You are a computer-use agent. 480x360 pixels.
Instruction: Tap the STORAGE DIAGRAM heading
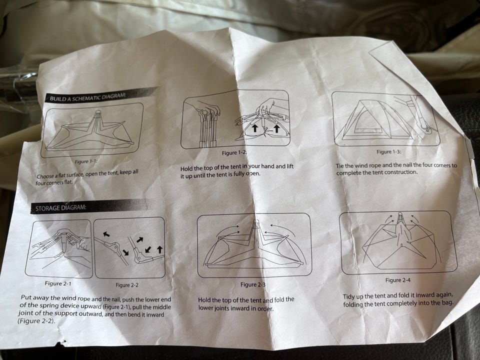[x=60, y=208]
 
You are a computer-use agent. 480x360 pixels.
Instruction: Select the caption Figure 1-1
[x=86, y=161]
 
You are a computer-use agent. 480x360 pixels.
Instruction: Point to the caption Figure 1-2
[x=234, y=153]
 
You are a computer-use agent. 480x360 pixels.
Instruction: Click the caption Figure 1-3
[x=388, y=152]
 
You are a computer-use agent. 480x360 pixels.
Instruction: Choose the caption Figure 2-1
[x=58, y=283]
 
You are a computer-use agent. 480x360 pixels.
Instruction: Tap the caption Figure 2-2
[x=126, y=285]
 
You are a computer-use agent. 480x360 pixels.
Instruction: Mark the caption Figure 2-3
[x=253, y=284]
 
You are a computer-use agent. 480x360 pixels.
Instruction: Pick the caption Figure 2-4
[x=398, y=280]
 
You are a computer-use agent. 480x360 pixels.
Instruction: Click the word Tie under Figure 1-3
[x=340, y=166]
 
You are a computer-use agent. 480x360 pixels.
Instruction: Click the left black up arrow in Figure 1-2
[x=254, y=128]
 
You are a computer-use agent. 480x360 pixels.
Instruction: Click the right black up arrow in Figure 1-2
[x=276, y=128]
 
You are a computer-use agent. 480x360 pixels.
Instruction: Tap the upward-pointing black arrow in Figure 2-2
[x=159, y=249]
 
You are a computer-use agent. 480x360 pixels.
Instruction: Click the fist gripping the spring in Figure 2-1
[x=85, y=243]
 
